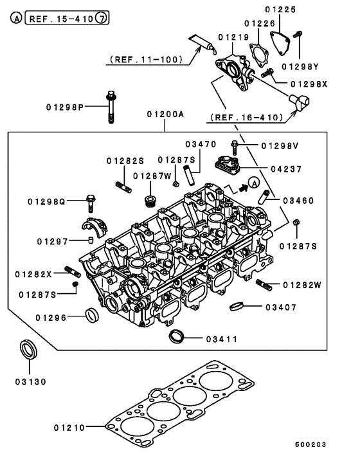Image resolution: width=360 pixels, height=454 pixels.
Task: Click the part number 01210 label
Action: click(71, 426)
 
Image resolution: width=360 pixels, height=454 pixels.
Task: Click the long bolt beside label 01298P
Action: click(111, 107)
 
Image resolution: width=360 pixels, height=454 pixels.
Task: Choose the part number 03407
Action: click(280, 307)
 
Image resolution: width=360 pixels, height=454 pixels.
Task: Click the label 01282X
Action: click(33, 275)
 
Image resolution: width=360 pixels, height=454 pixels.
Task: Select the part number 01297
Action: click(52, 241)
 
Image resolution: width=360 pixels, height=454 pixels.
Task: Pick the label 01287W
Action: click(152, 176)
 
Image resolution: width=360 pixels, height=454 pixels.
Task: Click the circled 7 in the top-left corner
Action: click(102, 19)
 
